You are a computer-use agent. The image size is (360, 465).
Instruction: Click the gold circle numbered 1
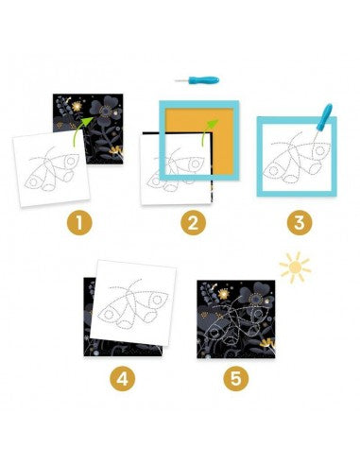79,223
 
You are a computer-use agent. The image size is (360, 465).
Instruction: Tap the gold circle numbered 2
193,223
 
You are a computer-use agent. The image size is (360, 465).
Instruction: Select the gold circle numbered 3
300,223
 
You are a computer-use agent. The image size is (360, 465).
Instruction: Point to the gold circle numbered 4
123,378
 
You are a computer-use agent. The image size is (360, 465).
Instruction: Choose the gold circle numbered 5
236,378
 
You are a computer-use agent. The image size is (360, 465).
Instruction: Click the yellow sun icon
295,267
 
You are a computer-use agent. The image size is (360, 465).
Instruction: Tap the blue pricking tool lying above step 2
197,80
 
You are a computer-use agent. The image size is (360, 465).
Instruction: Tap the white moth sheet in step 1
51,168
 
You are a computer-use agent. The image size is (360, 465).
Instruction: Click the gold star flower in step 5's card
223,294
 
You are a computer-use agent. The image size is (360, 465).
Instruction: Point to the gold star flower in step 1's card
77,107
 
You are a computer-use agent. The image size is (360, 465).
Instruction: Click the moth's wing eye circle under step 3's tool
319,150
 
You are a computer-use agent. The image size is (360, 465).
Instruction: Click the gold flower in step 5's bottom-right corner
268,343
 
